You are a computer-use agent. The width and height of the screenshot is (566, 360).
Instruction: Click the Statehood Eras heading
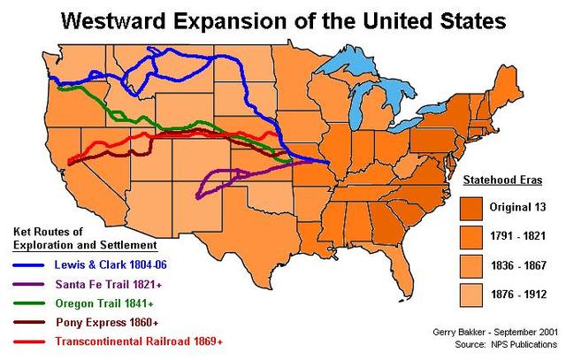pyautogui.click(x=501, y=180)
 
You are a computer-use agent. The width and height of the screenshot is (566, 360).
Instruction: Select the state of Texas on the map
pyautogui.click(x=239, y=234)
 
